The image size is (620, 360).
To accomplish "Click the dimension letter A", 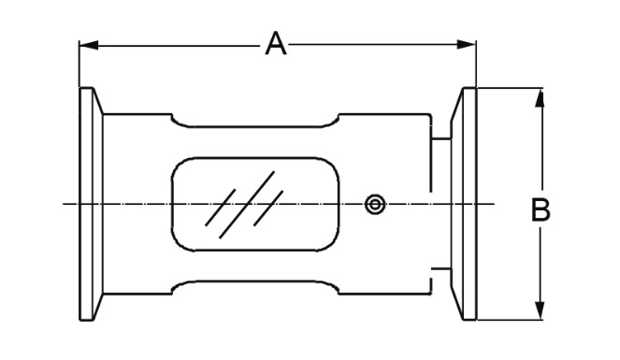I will [x=274, y=43].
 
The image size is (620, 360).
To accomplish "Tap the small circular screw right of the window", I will [x=375, y=204].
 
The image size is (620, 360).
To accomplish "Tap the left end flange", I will [x=90, y=204].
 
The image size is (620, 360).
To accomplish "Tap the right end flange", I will [x=465, y=204].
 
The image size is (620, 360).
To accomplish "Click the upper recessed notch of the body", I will [x=254, y=121].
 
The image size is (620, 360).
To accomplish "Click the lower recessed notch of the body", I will [x=254, y=286].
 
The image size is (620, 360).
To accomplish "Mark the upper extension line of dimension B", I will [x=510, y=88].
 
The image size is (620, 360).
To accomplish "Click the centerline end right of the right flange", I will [x=488, y=204].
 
